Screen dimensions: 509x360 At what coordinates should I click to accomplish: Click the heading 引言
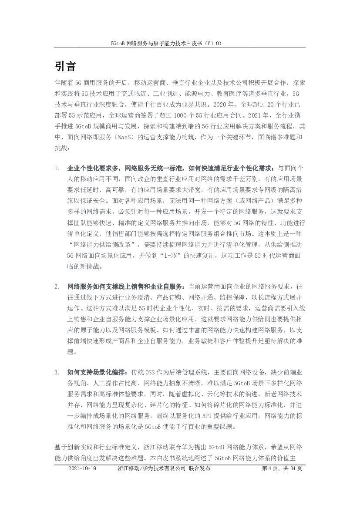point(66,67)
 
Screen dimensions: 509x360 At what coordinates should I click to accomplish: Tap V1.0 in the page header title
point(214,44)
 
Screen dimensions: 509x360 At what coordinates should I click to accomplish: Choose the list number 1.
point(57,168)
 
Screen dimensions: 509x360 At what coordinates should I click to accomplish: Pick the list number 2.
point(57,287)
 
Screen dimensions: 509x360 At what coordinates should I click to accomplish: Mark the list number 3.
point(57,372)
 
